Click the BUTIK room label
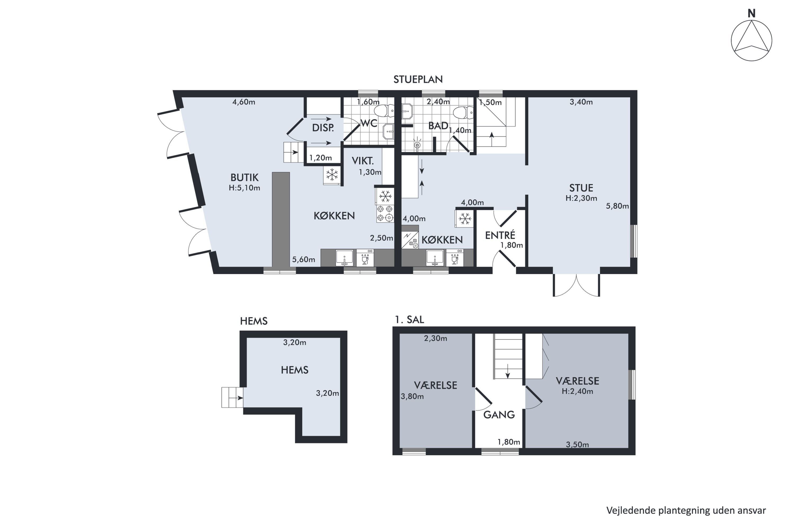pyautogui.click(x=244, y=177)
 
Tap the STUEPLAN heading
pyautogui.click(x=418, y=79)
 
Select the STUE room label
pyautogui.click(x=581, y=188)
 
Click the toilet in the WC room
pyautogui.click(x=384, y=111)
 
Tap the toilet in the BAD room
pyautogui.click(x=463, y=113)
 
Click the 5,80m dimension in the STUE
pyautogui.click(x=617, y=206)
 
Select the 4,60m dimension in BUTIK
pyautogui.click(x=244, y=102)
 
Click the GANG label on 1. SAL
pyautogui.click(x=499, y=415)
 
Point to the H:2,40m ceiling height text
pyautogui.click(x=577, y=391)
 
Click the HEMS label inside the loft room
pyautogui.click(x=295, y=370)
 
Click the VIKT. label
pyautogui.click(x=363, y=161)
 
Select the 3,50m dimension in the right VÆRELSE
pyautogui.click(x=577, y=445)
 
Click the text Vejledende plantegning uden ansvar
pyautogui.click(x=686, y=510)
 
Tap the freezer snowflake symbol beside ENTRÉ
pyautogui.click(x=465, y=219)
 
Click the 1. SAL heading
pyautogui.click(x=409, y=320)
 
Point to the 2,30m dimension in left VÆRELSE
pyautogui.click(x=435, y=338)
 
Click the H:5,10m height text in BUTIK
pyautogui.click(x=244, y=188)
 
